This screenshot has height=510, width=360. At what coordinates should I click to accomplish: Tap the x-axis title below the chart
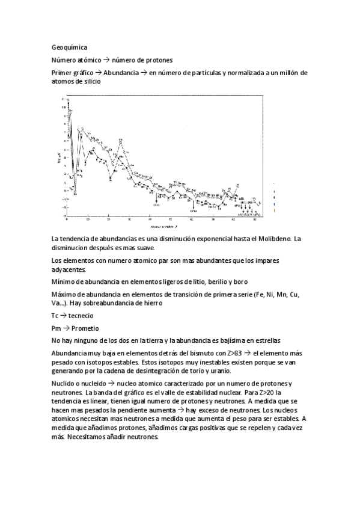click(x=164, y=227)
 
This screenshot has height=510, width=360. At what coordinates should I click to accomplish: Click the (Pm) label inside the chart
click(x=194, y=211)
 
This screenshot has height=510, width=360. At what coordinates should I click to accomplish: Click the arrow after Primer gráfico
click(x=97, y=73)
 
